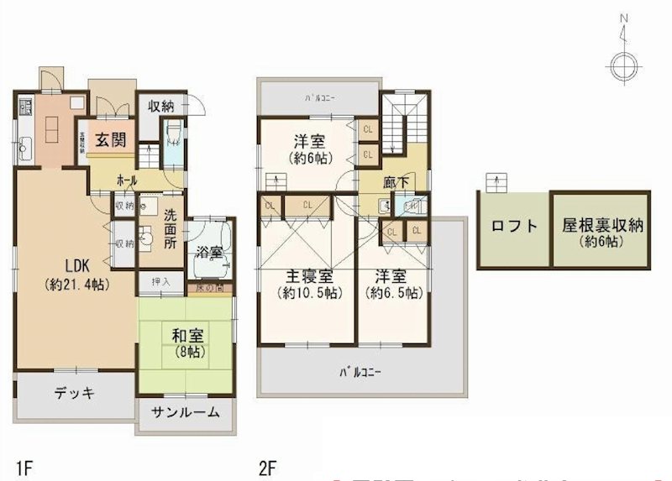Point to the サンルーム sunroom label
[186, 411]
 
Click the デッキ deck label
[75, 393]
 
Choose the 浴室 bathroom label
[210, 250]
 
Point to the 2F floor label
[268, 463]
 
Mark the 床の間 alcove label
[207, 289]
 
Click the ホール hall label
[128, 180]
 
